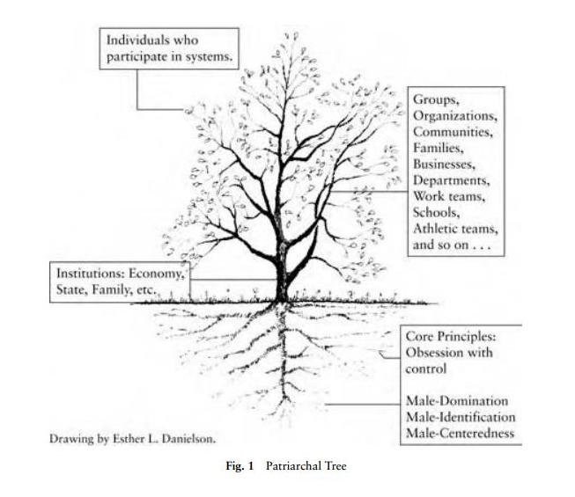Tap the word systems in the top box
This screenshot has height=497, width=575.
[210, 56]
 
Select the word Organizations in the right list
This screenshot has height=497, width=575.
[455, 116]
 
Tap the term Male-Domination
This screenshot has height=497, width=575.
[456, 401]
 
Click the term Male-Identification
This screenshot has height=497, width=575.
[460, 417]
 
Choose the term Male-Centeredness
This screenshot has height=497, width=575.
[459, 433]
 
